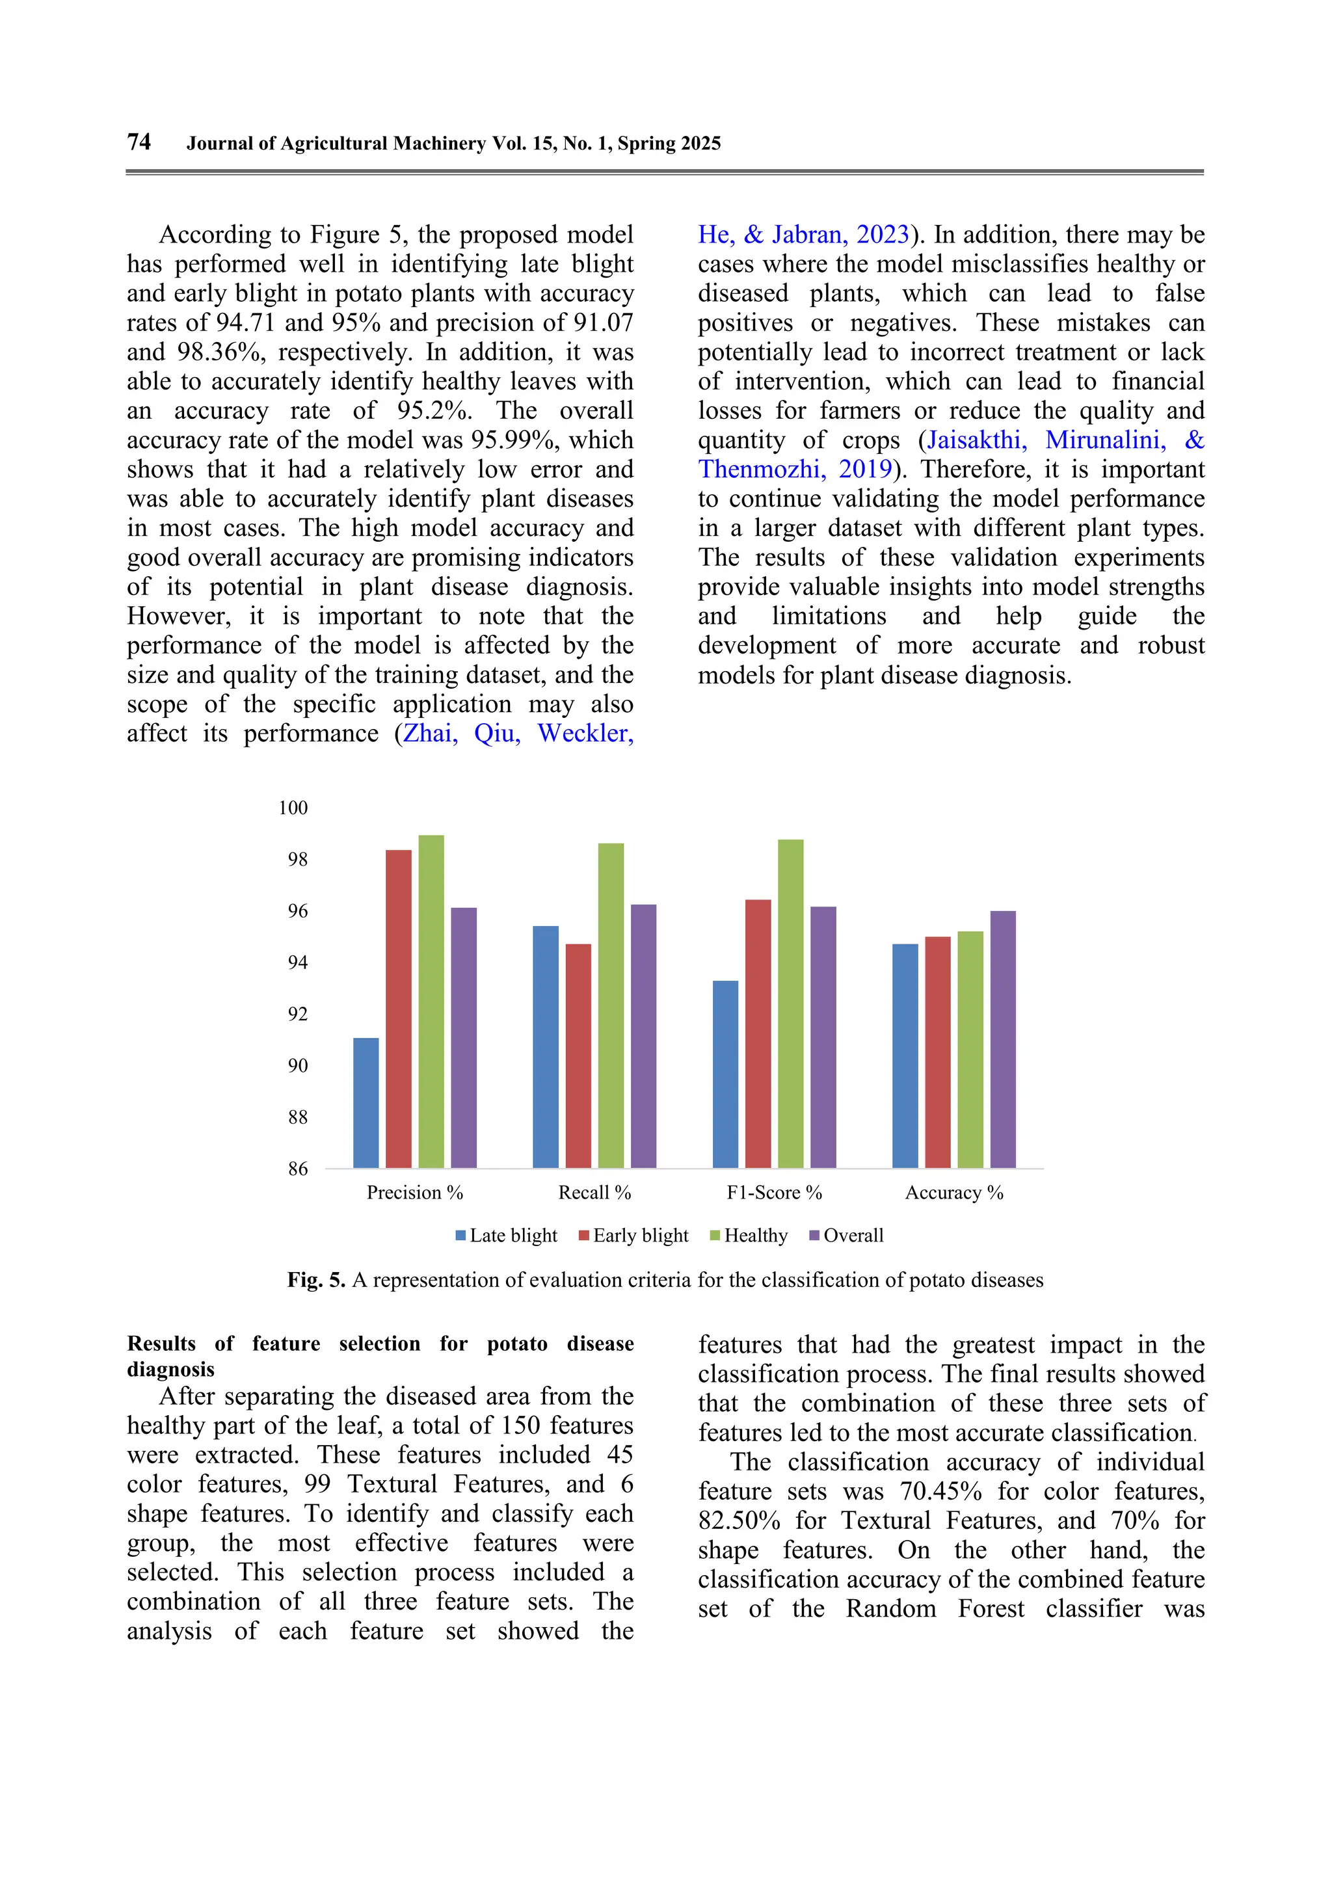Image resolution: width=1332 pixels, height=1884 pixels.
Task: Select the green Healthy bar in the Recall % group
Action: [x=611, y=1005]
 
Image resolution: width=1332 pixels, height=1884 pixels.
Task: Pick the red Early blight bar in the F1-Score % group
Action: [x=758, y=1033]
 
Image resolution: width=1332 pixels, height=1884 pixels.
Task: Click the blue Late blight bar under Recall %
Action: [x=545, y=1046]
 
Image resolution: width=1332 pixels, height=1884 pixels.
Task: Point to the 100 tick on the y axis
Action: [x=293, y=808]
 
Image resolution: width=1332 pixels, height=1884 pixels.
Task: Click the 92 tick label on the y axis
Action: [x=297, y=1015]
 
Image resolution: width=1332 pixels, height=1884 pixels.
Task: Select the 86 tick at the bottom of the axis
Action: [x=297, y=1169]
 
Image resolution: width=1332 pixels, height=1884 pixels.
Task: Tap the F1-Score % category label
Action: [x=774, y=1192]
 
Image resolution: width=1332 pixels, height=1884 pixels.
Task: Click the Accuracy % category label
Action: [x=953, y=1192]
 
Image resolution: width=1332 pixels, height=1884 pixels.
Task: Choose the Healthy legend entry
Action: [x=749, y=1236]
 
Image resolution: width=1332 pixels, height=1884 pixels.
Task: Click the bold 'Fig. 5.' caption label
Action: [x=316, y=1280]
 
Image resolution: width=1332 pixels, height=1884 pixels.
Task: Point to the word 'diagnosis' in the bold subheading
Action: [x=170, y=1370]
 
